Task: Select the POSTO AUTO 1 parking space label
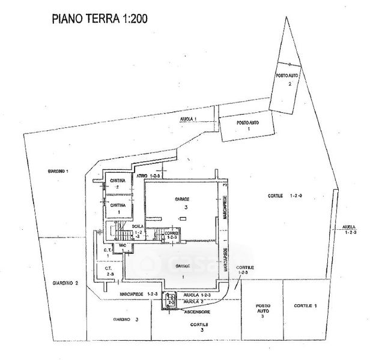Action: (x=247, y=126)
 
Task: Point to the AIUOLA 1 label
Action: (x=189, y=120)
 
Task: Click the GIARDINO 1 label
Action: (x=58, y=172)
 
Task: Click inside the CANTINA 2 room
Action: (x=118, y=184)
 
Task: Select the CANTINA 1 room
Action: (x=119, y=208)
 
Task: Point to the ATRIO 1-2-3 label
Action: (x=149, y=176)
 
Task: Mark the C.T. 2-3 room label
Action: (x=109, y=271)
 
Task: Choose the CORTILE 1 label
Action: (x=305, y=306)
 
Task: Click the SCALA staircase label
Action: (x=139, y=233)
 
